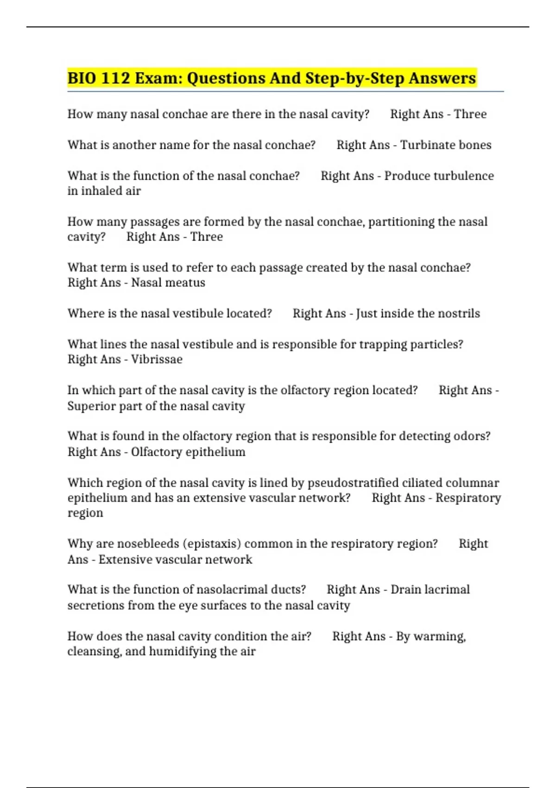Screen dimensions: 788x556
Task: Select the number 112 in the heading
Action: point(115,78)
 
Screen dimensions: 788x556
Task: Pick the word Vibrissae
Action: point(157,359)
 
